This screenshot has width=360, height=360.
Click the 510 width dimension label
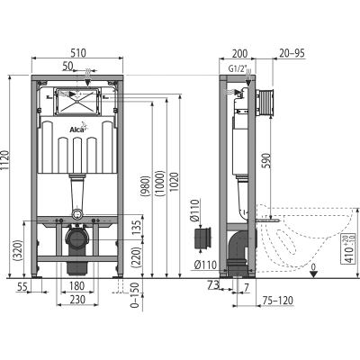(78, 53)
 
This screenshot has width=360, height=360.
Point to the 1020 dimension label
(175, 182)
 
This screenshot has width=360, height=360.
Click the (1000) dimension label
(160, 184)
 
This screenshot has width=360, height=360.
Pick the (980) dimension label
(146, 186)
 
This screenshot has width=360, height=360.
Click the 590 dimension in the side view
(266, 160)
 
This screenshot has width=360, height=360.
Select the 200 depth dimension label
(240, 53)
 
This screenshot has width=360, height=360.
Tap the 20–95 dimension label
(292, 53)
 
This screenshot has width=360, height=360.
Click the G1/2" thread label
(236, 69)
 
